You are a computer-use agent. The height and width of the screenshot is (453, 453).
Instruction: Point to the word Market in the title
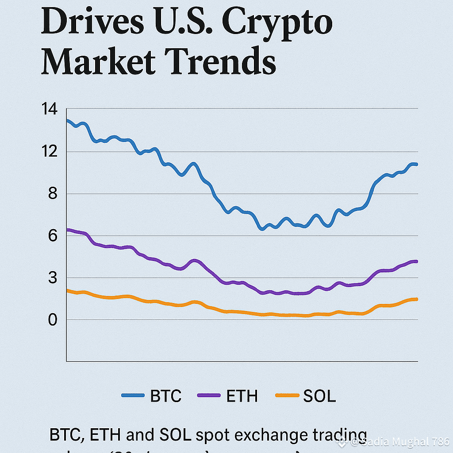pyautogui.click(x=98, y=61)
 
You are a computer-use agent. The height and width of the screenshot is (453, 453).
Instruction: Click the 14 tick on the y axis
pyautogui.click(x=49, y=109)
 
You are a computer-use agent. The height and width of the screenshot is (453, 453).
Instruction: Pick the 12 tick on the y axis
pyautogui.click(x=49, y=152)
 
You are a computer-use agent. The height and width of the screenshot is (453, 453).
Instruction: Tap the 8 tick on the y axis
pyautogui.click(x=53, y=194)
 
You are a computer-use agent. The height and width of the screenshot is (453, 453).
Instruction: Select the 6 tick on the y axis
pyautogui.click(x=53, y=236)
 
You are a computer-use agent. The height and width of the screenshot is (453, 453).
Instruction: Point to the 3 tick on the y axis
pyautogui.click(x=53, y=278)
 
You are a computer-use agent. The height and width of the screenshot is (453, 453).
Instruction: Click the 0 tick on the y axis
pyautogui.click(x=53, y=320)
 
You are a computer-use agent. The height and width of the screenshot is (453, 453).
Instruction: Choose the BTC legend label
pyautogui.click(x=166, y=396)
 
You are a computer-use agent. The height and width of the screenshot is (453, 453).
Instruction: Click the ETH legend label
pyautogui.click(x=242, y=396)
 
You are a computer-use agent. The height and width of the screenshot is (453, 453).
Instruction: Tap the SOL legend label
pyautogui.click(x=319, y=396)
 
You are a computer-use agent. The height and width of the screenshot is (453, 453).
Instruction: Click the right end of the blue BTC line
pyautogui.click(x=417, y=165)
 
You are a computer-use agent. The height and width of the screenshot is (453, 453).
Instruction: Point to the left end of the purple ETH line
pyautogui.click(x=67, y=230)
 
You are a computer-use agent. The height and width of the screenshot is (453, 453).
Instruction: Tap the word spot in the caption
pyautogui.click(x=211, y=435)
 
